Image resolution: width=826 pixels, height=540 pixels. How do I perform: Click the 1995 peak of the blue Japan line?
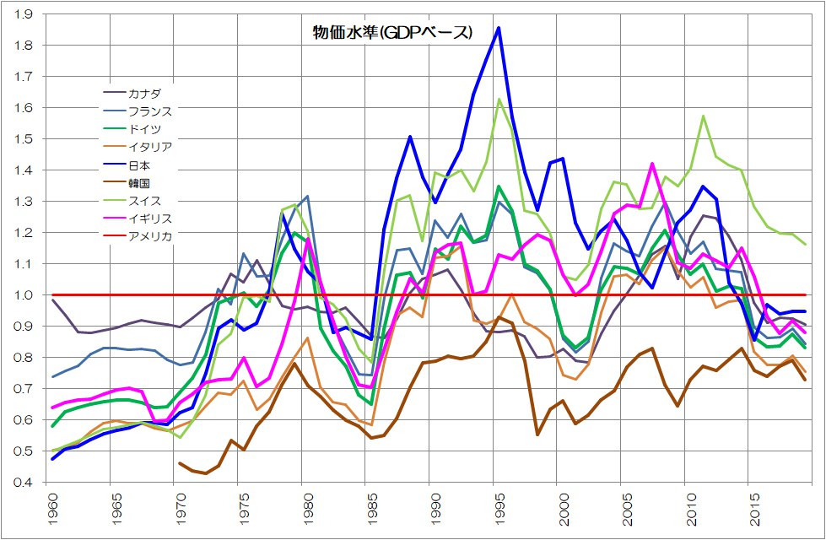tap(499, 28)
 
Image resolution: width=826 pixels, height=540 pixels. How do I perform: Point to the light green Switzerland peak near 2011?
tap(703, 116)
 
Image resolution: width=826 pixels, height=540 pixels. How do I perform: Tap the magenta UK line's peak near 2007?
tap(652, 164)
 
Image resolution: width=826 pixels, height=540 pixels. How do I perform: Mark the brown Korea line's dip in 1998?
tap(537, 434)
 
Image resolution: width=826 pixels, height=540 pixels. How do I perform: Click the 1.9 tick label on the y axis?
tap(23, 14)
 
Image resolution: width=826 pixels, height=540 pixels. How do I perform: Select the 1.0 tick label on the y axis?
tap(23, 295)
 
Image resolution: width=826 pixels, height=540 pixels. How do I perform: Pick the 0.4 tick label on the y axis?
tap(23, 483)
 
